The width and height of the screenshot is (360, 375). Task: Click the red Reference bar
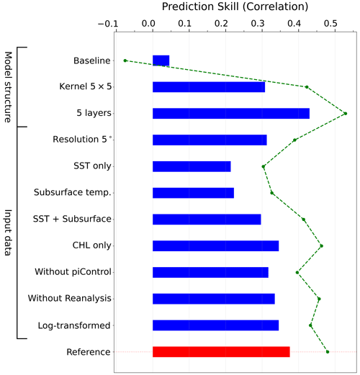click(x=221, y=352)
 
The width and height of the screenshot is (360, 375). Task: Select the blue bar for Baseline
click(x=161, y=60)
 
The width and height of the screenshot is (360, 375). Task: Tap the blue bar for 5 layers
click(x=231, y=114)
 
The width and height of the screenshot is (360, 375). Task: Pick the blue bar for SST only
click(x=192, y=166)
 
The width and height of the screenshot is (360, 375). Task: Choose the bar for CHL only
click(x=215, y=246)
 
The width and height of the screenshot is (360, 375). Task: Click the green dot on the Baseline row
click(x=125, y=60)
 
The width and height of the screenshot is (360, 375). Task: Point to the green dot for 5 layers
click(x=346, y=114)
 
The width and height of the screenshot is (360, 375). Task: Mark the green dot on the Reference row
click(x=328, y=352)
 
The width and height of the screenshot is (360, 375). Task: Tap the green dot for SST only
click(x=264, y=166)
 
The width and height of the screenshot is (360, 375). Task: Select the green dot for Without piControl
click(x=297, y=272)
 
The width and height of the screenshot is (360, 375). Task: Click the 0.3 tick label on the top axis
click(x=258, y=24)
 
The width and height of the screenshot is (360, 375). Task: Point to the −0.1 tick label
click(x=108, y=24)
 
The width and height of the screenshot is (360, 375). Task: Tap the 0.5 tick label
click(x=330, y=24)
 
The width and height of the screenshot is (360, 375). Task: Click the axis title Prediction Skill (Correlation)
click(x=235, y=6)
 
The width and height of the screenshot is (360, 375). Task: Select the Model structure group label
click(x=8, y=87)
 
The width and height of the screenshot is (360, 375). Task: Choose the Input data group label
click(x=8, y=232)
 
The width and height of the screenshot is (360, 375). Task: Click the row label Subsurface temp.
click(x=73, y=192)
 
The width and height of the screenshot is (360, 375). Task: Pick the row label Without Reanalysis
click(x=70, y=298)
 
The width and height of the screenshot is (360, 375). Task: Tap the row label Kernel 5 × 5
click(x=86, y=86)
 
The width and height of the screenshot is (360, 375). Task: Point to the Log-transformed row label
click(x=74, y=325)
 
